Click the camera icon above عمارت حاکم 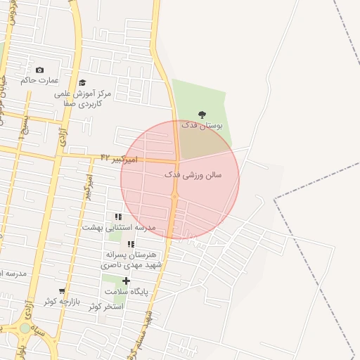point(39,70)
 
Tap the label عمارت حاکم point(37,81)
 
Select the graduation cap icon point(82,83)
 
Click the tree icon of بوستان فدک point(202,114)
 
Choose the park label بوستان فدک point(202,125)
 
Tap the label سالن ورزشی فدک point(193,174)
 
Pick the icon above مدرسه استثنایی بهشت point(118,217)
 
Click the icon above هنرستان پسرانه point(131,244)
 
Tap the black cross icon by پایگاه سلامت point(127,281)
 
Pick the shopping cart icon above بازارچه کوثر point(63,290)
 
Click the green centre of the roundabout point(25,328)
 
